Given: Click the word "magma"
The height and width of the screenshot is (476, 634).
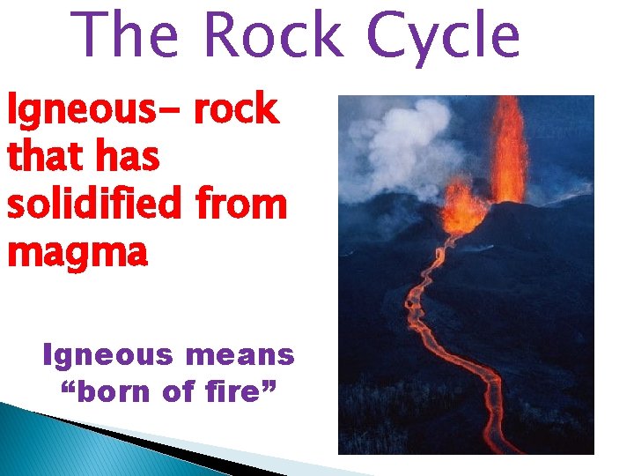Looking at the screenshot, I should tap(77, 253).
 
